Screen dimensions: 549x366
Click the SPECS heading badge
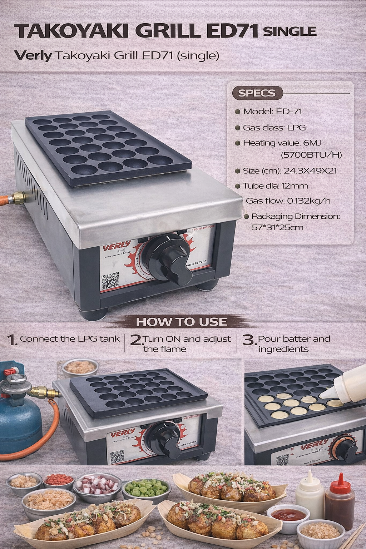(257, 93)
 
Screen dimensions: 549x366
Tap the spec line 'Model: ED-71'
(272, 112)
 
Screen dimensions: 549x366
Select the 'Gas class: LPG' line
(274, 127)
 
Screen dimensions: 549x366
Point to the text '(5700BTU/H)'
(311, 155)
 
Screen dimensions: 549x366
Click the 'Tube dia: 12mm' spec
(275, 186)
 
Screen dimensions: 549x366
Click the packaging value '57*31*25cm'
(278, 227)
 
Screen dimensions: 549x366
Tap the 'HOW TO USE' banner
(181, 322)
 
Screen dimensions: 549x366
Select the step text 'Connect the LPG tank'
(70, 339)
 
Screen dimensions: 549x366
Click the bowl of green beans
(146, 487)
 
